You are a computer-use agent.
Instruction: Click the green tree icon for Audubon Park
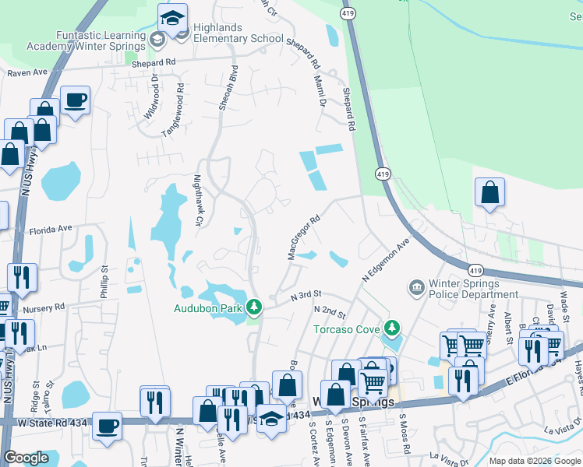click(x=253, y=308)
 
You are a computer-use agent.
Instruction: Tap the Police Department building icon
click(x=415, y=288)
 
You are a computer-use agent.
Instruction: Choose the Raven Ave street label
click(x=28, y=72)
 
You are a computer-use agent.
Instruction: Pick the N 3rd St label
click(x=306, y=297)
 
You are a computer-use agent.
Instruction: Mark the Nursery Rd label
click(x=44, y=308)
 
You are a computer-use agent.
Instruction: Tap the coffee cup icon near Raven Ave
click(x=75, y=101)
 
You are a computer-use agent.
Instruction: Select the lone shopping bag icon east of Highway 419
click(x=489, y=193)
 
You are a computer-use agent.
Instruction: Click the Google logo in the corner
click(x=26, y=458)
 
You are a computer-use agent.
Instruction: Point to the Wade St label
click(x=562, y=299)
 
